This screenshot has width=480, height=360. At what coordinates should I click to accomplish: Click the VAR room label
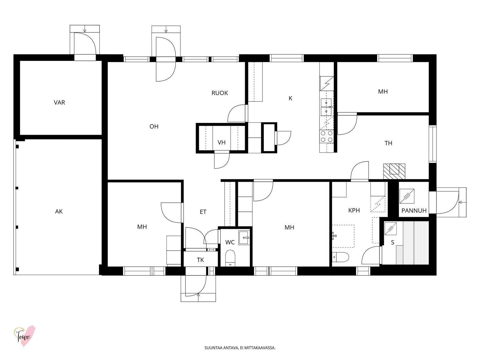click(59, 103)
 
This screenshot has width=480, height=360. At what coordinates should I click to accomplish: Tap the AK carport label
click(59, 211)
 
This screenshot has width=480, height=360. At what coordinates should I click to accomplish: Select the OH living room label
click(154, 126)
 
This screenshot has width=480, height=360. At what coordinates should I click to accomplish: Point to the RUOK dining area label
click(220, 93)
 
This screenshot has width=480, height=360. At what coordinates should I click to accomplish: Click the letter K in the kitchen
click(290, 98)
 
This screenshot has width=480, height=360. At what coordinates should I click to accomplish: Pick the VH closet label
click(221, 142)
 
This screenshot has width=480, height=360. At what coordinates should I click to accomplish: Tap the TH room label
click(388, 143)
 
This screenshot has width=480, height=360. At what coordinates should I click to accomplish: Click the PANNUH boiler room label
click(414, 211)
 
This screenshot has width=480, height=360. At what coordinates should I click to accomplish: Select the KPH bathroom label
click(354, 210)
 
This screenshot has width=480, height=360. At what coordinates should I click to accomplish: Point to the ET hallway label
click(203, 211)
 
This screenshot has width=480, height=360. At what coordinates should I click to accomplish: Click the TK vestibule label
click(200, 260)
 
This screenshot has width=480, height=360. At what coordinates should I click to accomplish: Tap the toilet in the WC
click(230, 258)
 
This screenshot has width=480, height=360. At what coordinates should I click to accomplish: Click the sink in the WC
click(244, 238)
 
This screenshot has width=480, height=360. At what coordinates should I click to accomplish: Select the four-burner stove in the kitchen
click(327, 136)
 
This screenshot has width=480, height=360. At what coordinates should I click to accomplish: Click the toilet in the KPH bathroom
click(340, 257)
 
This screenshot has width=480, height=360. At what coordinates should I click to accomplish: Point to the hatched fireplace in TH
click(394, 171)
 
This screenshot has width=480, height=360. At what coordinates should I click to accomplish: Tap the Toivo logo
click(24, 336)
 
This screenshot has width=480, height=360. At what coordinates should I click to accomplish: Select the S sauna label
click(392, 242)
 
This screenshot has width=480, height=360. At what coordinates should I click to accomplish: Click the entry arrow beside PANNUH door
click(462, 202)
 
